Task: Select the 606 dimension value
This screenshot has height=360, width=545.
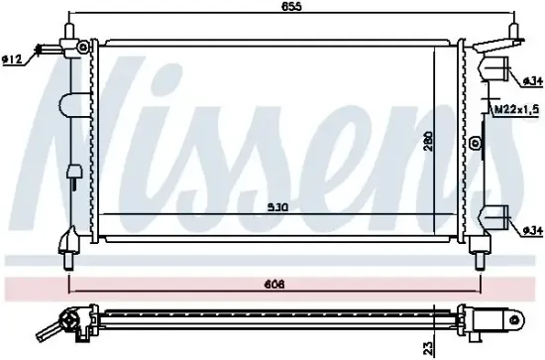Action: [x=274, y=285]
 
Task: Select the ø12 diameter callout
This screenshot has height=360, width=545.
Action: [x=12, y=60]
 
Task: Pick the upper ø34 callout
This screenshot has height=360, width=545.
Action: [x=534, y=80]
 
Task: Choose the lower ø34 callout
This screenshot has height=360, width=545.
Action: [x=534, y=232]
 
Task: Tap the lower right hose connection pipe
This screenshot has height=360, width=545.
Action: [x=496, y=218]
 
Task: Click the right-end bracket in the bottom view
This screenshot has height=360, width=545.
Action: [x=500, y=319]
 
